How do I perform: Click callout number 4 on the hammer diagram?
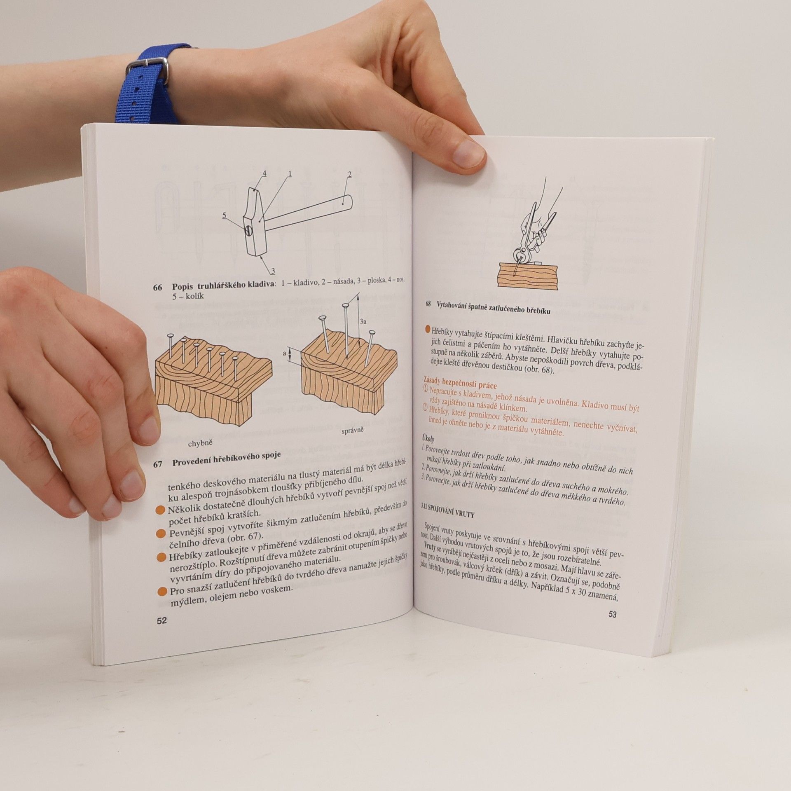264,174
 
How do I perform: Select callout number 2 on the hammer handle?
349,175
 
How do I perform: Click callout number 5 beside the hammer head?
225,215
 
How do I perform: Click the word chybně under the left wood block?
200,443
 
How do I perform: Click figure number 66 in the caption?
158,287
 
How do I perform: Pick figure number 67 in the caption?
158,464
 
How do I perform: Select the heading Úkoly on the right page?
429,438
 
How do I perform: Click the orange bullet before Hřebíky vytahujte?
427,330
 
